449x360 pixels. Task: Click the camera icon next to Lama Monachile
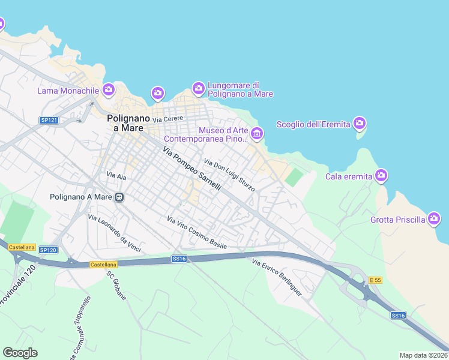pyautogui.click(x=109, y=91)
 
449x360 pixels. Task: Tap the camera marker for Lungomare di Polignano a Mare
pyautogui.click(x=199, y=89)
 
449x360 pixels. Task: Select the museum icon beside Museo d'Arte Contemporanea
pyautogui.click(x=257, y=134)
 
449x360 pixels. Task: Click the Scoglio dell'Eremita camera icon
pyautogui.click(x=360, y=124)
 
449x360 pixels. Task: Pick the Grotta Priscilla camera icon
pyautogui.click(x=435, y=219)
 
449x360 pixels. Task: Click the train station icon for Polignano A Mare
pyautogui.click(x=119, y=196)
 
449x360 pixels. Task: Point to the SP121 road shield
pyautogui.click(x=49, y=120)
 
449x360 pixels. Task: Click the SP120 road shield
pyautogui.click(x=49, y=250)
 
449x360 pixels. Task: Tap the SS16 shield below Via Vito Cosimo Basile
pyautogui.click(x=179, y=259)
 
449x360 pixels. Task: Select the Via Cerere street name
pyautogui.click(x=167, y=119)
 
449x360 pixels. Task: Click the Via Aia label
pyautogui.click(x=116, y=175)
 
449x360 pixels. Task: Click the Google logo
pyautogui.click(x=20, y=353)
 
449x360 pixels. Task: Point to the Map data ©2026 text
pyautogui.click(x=423, y=355)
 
